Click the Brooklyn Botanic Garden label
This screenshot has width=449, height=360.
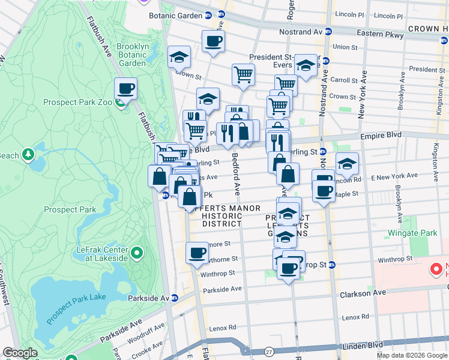click(x=133, y=55)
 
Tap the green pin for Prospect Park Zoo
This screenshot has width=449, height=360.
click(x=121, y=103)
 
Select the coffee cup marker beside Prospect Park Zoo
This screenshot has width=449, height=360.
click(x=125, y=89)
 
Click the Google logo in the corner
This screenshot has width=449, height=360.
click(x=20, y=353)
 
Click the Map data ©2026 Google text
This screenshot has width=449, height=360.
click(x=412, y=355)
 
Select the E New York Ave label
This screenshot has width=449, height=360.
click(x=394, y=176)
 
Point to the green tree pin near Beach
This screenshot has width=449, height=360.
click(x=28, y=155)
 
